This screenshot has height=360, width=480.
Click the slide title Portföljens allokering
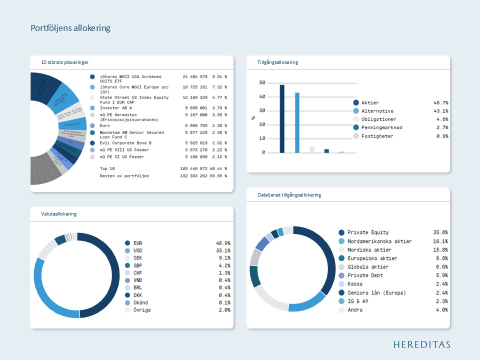[70, 28]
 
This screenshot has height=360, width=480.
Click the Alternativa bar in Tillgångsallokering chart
[297, 123]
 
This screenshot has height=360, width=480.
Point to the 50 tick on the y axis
[262, 82]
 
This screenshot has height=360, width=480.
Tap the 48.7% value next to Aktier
[440, 102]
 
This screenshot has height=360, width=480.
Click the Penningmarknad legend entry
[381, 127]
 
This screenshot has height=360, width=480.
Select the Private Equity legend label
[368, 232]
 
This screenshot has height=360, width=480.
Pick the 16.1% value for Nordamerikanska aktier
[440, 241]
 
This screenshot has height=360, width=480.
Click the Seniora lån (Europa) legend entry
[376, 292]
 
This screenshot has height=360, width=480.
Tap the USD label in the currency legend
[137, 250]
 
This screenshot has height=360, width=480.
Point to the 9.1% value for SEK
[224, 259]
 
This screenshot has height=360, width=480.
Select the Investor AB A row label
[116, 107]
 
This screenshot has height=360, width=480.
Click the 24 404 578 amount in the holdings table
[195, 77]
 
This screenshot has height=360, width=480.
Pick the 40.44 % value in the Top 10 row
[217, 169]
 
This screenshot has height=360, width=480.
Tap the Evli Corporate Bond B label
[126, 143]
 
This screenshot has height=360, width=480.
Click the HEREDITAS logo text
[421, 344]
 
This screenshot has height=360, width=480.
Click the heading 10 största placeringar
[65, 62]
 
